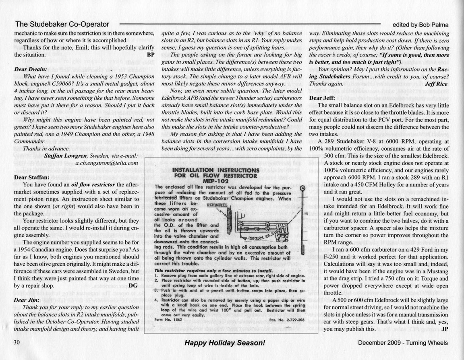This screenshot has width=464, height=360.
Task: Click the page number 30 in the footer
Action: tap(17, 343)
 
